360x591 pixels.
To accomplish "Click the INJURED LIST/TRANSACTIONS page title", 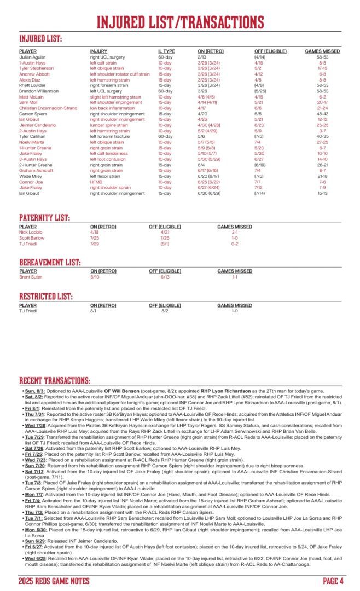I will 180,22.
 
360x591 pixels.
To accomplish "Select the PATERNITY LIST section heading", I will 44,218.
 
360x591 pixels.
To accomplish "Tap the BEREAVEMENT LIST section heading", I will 50,263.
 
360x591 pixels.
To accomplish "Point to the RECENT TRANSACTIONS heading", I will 55,381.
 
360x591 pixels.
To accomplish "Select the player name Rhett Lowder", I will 31,85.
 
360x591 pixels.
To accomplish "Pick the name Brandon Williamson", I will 37,91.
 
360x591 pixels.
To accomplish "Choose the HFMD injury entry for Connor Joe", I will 96,182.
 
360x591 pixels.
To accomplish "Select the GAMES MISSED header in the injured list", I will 322,51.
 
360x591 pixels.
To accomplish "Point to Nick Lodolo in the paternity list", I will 30,232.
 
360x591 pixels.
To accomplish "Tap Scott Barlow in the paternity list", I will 31,237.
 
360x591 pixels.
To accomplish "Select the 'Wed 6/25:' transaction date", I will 35,559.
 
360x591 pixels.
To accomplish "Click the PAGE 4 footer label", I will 333,581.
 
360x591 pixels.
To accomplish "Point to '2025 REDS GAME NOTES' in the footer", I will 53,581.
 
